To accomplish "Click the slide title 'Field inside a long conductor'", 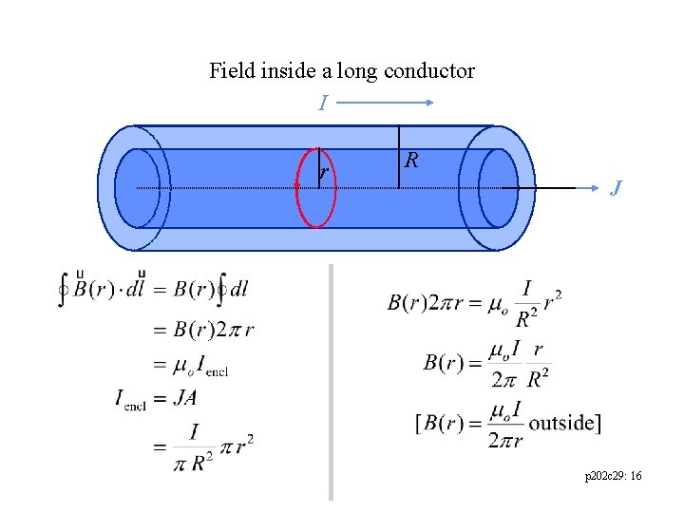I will (x=341, y=70).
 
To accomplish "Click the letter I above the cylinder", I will (x=323, y=103).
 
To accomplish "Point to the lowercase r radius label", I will (x=324, y=172).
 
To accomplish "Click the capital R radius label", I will (x=410, y=160).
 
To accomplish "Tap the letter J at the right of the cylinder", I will (x=617, y=188).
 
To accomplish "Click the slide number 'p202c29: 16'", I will (x=614, y=474).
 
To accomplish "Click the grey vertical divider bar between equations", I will (x=331, y=380).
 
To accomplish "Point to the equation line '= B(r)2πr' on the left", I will (x=203, y=330).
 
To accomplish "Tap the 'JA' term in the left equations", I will (x=184, y=398).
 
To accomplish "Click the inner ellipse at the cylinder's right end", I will (x=497, y=188).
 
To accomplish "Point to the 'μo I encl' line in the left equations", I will (x=199, y=364).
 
